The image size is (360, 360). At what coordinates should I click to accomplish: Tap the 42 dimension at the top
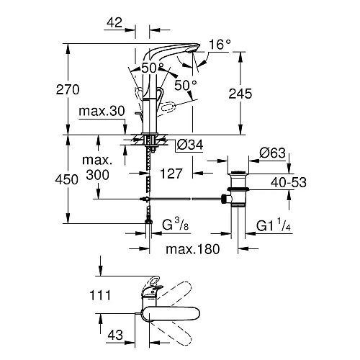[x=114, y=23]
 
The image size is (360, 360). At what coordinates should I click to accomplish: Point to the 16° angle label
[x=220, y=45]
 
